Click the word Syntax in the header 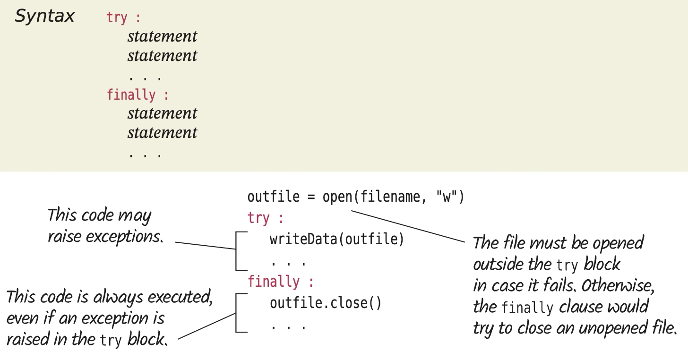[44, 16]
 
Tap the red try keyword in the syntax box [117, 18]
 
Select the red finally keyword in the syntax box [131, 94]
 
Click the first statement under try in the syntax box [162, 36]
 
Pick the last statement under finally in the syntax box [162, 133]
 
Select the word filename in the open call [383, 197]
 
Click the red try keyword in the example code [258, 218]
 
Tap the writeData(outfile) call [337, 240]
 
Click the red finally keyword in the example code [274, 282]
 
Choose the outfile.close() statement [325, 303]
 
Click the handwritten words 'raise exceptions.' [105, 237]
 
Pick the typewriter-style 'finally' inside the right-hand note [526, 308]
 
